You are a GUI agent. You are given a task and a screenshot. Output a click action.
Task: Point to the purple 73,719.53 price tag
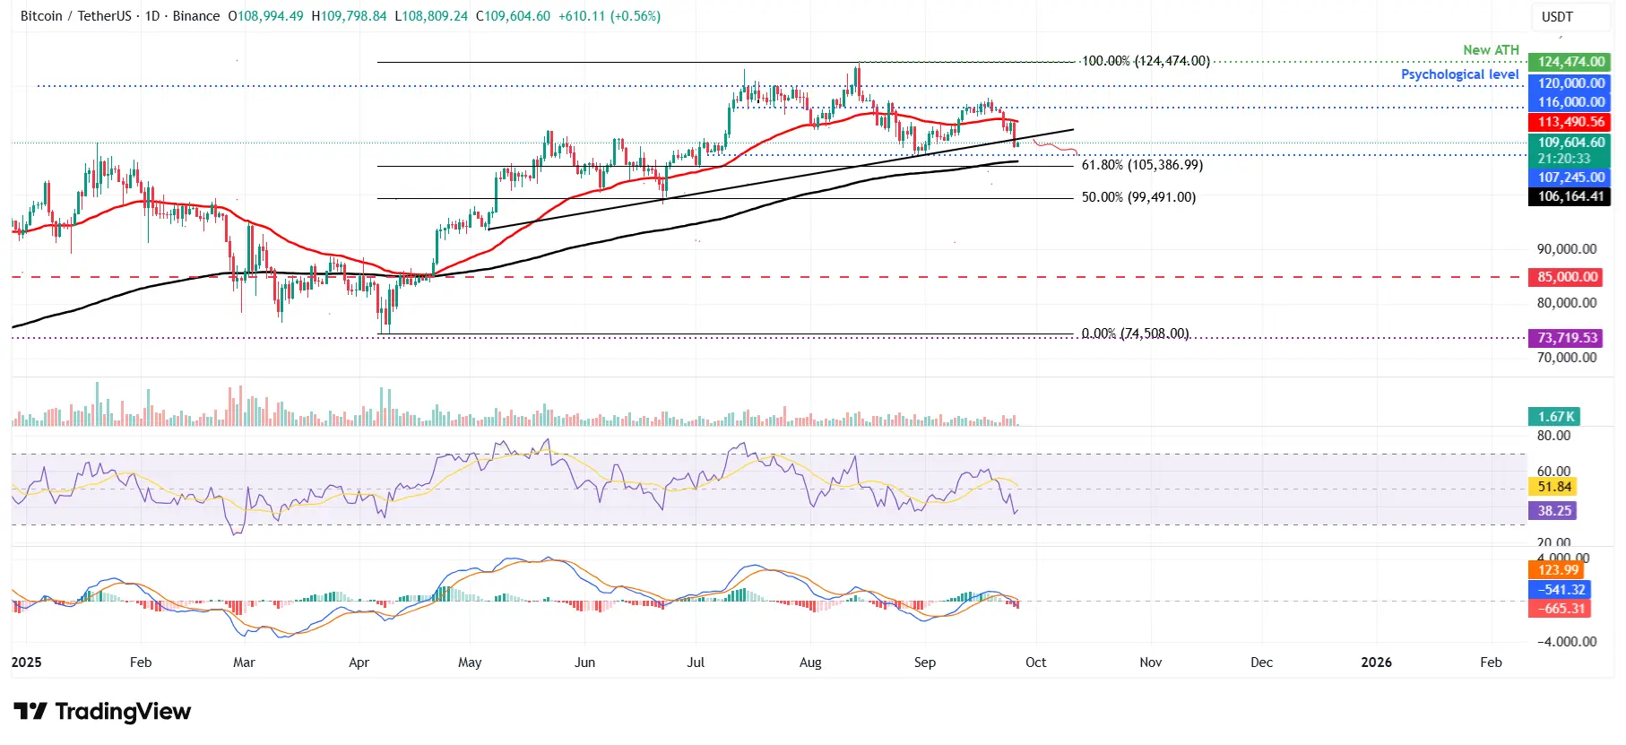tap(1567, 338)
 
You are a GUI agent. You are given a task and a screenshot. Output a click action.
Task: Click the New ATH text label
tap(1491, 50)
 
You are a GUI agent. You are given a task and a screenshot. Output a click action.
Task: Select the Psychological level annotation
tap(1459, 74)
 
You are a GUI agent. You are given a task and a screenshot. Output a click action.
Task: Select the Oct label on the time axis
tap(1035, 663)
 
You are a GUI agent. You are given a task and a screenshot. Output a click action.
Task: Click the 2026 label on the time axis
tap(1376, 663)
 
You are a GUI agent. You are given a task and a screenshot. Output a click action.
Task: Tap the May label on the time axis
tap(470, 663)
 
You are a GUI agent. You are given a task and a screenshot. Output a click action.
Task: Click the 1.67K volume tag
tap(1555, 417)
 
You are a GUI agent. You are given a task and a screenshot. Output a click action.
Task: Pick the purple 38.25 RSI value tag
tap(1553, 511)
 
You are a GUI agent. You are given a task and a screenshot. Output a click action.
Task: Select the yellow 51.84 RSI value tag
tap(1553, 487)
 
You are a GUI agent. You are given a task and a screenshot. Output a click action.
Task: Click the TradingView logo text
tap(103, 712)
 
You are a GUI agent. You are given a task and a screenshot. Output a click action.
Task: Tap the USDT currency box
tap(1557, 17)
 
